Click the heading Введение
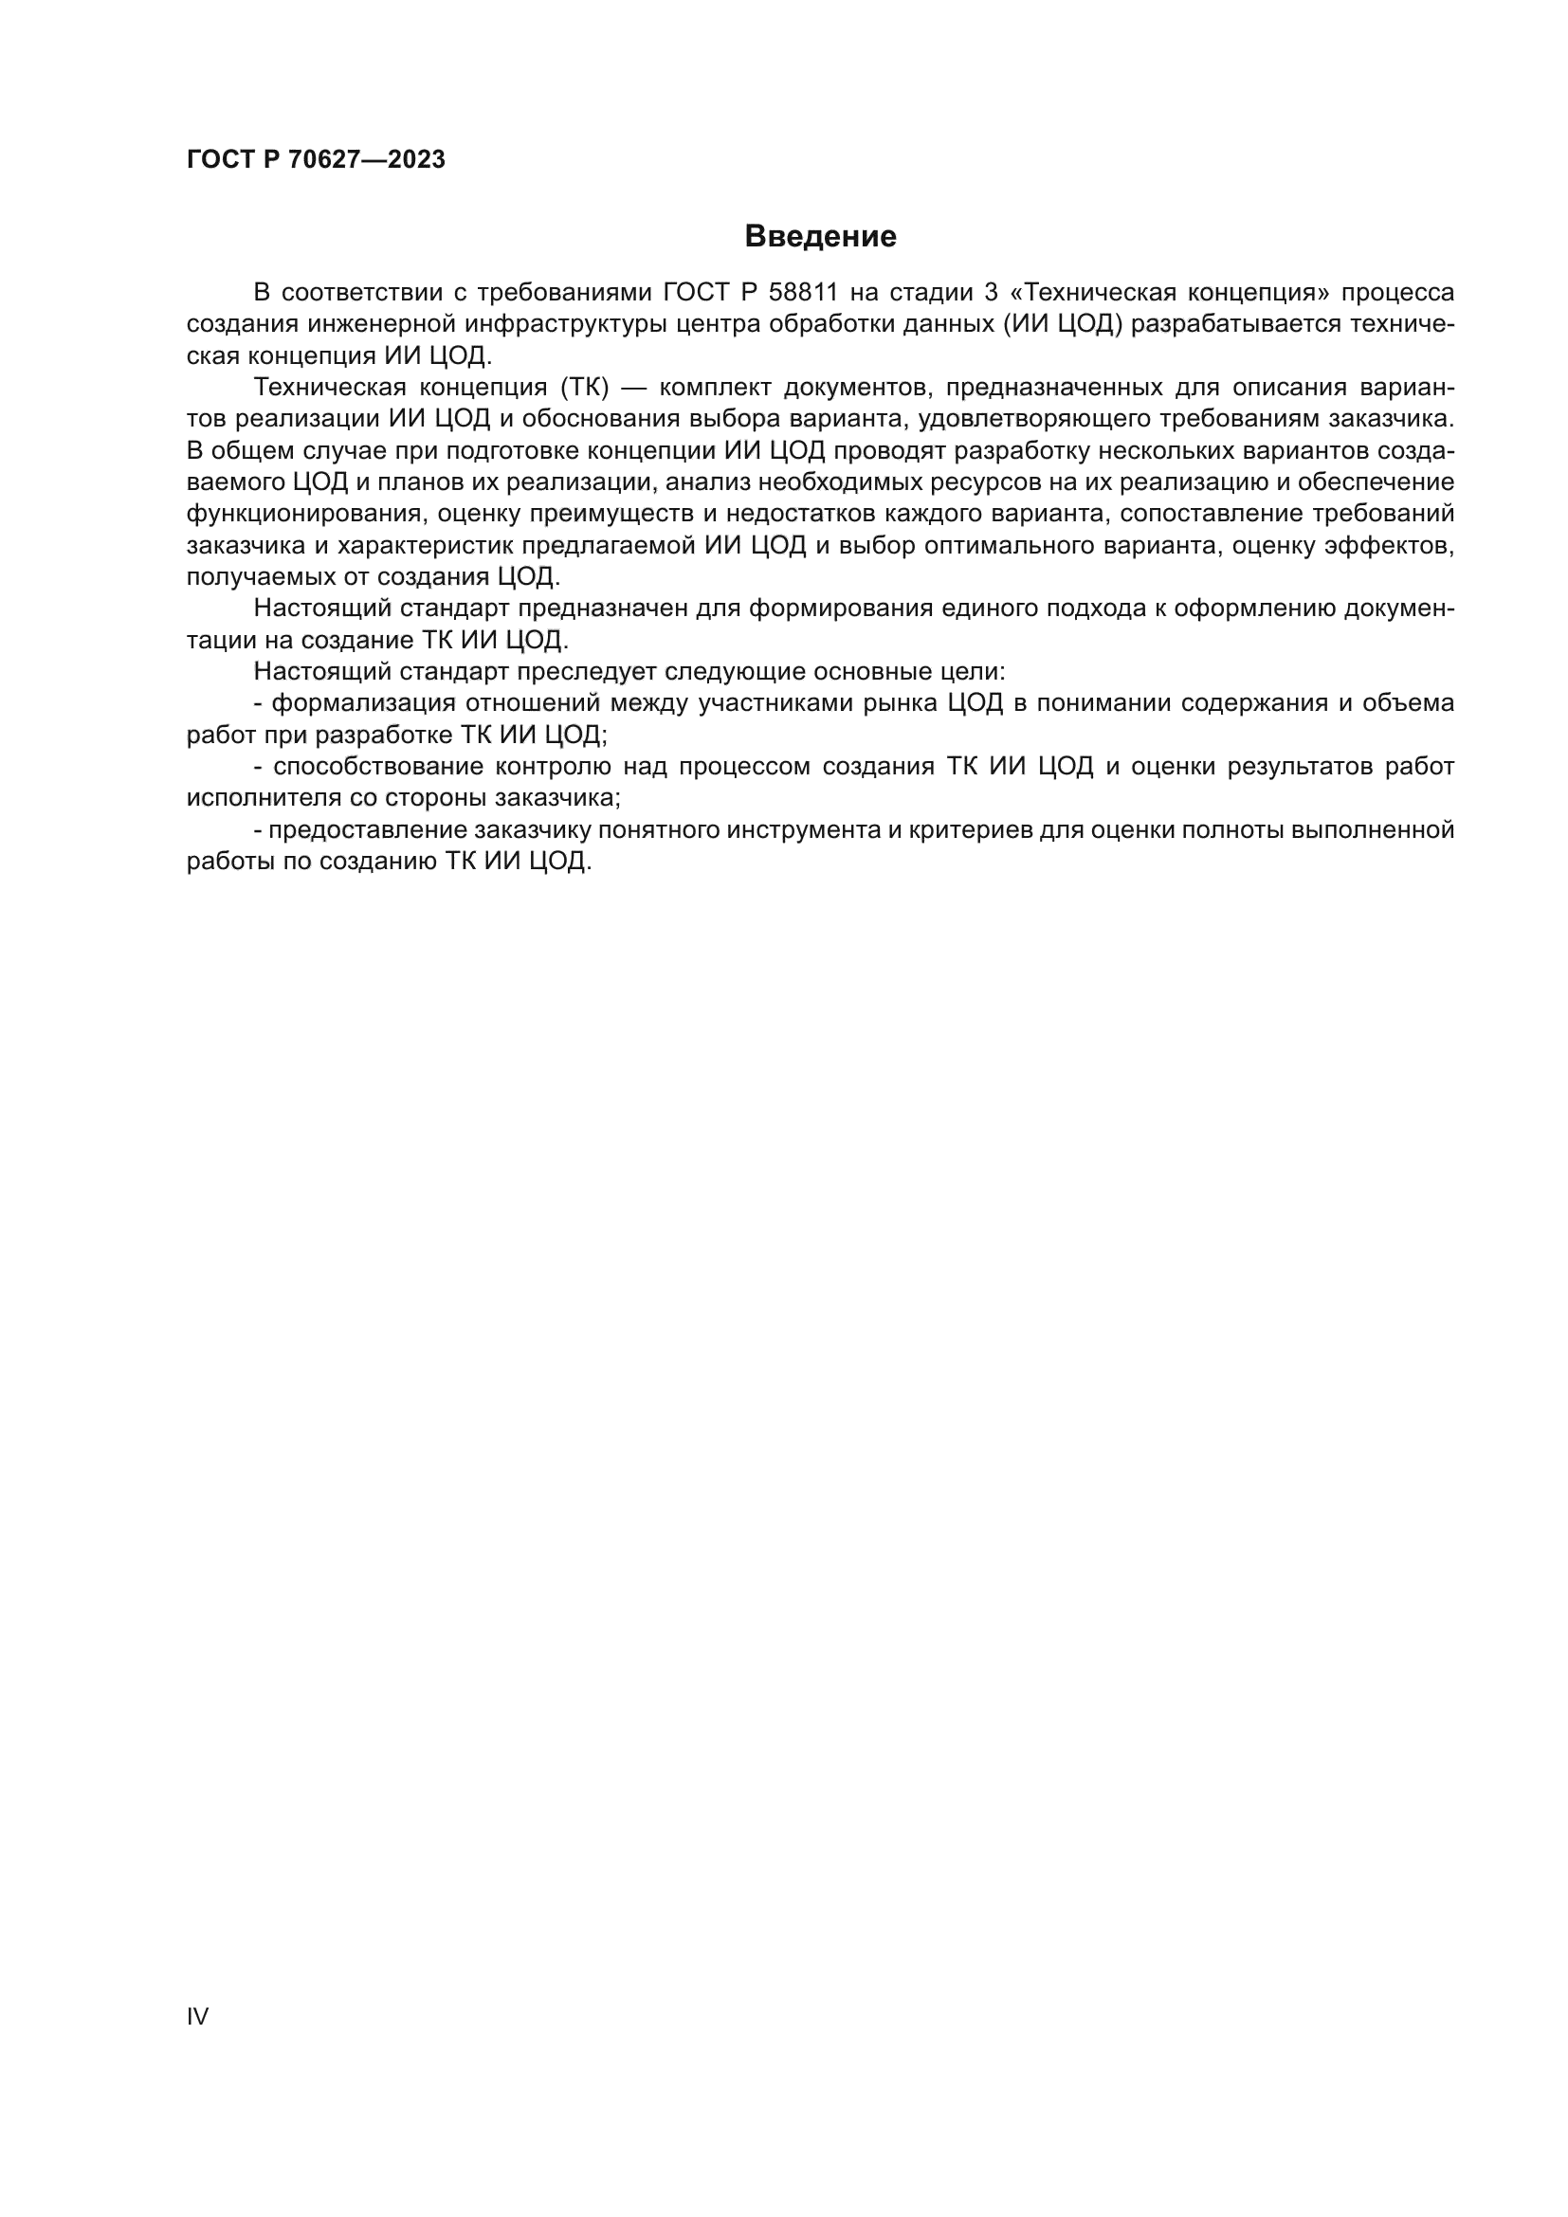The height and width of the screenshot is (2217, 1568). coord(820,237)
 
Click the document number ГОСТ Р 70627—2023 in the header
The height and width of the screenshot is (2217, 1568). coord(316,160)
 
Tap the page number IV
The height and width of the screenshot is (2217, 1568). coord(197,2016)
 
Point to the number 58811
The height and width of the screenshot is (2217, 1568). coord(803,293)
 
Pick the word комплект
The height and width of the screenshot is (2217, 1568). coord(716,389)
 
